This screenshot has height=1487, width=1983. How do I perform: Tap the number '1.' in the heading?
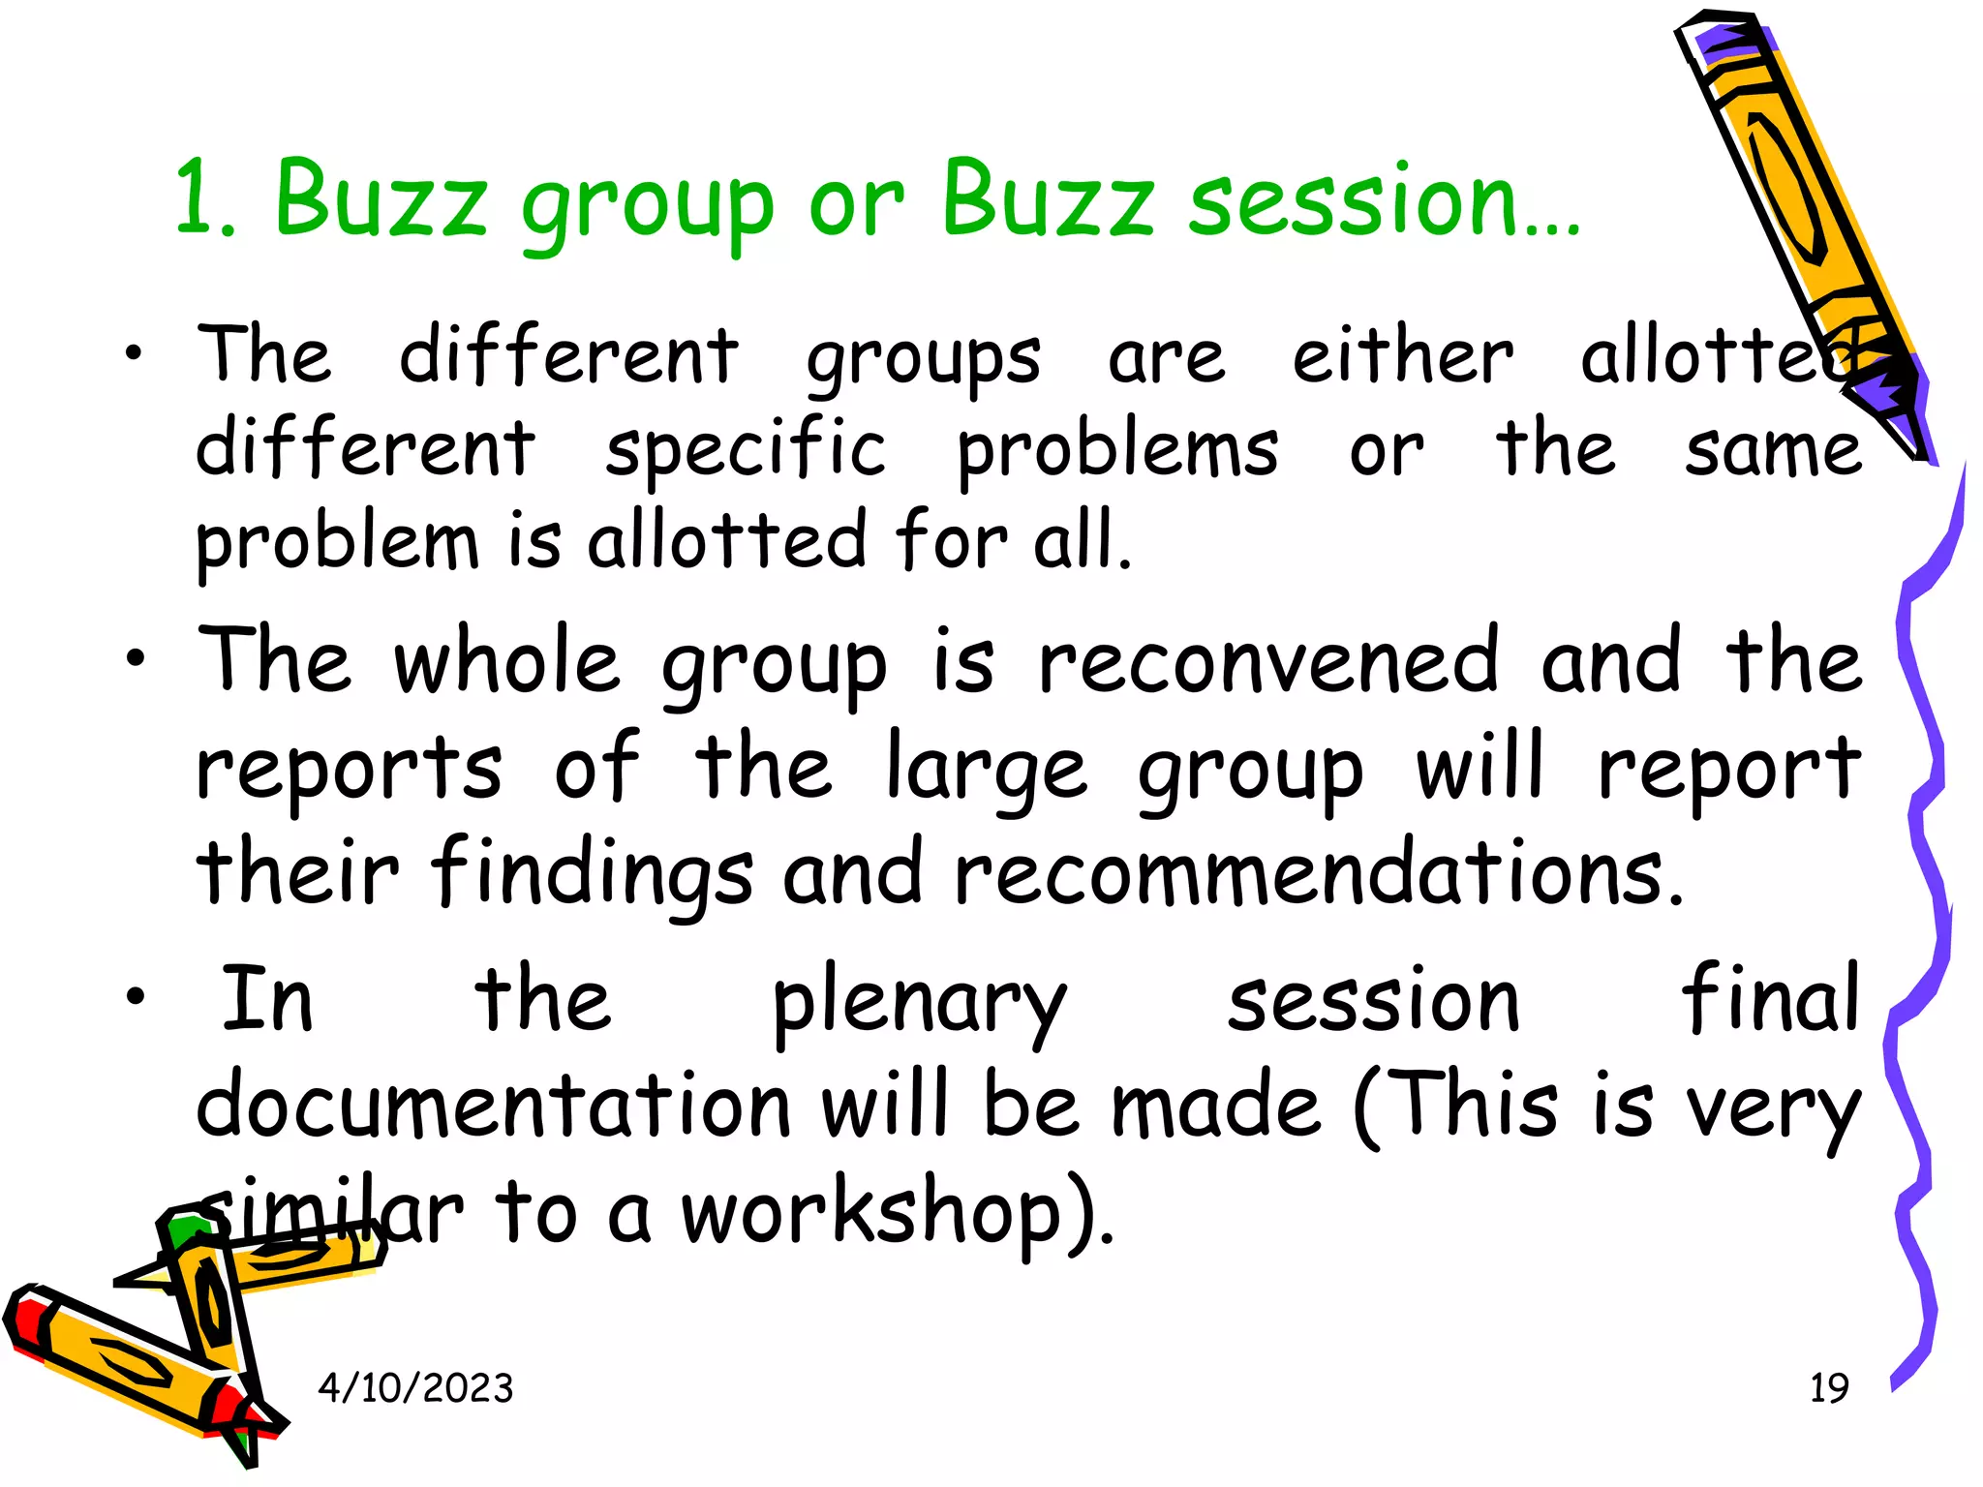206,200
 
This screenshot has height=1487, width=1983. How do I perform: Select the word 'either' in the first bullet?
1403,356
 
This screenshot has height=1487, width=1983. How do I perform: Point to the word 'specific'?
746,450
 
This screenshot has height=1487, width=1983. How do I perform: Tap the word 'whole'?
506,663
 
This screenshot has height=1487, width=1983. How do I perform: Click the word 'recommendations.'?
1320,874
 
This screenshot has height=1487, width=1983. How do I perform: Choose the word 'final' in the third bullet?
1770,999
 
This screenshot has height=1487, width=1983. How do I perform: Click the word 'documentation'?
494,1106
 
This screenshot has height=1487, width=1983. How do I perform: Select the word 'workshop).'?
899,1214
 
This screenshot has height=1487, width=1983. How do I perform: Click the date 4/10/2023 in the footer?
415,1388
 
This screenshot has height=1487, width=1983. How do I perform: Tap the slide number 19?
1829,1388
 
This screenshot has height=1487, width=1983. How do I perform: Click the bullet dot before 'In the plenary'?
136,996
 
